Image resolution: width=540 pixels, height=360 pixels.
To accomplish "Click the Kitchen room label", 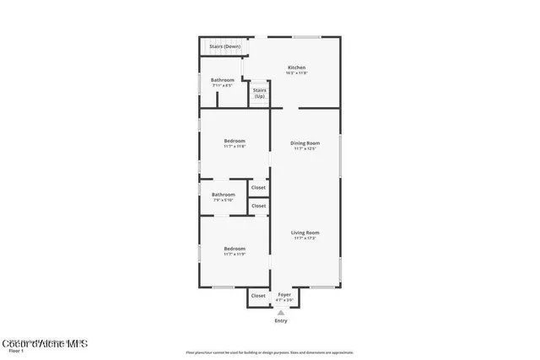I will point(296,67).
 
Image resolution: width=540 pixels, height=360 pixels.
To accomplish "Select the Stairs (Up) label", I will point(259,93).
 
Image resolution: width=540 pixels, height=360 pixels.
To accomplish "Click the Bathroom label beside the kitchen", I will point(223,80).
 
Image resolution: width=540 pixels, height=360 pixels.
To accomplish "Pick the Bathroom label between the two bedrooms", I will point(223,195).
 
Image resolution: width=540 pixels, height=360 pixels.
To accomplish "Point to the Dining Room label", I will point(305,143).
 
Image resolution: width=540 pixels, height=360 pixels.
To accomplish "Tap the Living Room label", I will point(305,232).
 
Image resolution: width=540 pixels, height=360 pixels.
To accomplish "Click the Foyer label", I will point(285,295).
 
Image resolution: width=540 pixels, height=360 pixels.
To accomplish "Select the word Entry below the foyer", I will point(281,321).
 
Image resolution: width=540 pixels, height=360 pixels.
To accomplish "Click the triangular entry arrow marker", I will point(281,312).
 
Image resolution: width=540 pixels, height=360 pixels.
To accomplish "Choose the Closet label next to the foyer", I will point(258,296).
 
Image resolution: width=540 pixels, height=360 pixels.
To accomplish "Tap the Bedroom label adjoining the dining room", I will point(235,141).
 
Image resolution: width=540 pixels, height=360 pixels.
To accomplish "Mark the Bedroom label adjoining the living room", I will point(235,248).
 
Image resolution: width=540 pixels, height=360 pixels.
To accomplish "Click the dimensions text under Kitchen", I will point(296,73).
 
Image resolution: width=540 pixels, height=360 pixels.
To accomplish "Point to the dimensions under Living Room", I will point(305,238).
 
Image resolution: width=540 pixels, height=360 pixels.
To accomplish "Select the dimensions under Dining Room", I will point(305,149).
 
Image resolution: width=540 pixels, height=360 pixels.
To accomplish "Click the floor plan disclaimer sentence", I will point(269,352).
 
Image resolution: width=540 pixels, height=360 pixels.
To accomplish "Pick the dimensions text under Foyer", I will point(285,300).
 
